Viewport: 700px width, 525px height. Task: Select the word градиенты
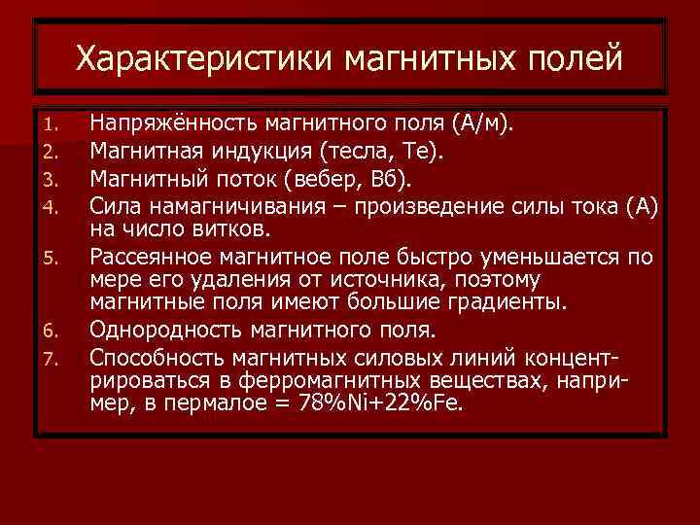click(507, 302)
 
